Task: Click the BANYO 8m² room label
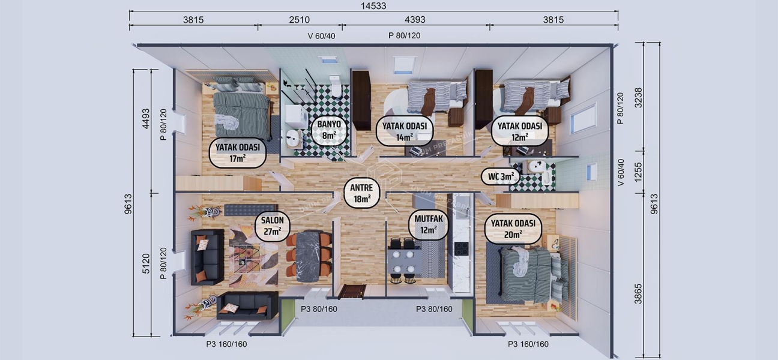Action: coord(329,130)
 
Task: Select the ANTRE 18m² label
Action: coord(361,194)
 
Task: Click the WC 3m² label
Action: coord(500,177)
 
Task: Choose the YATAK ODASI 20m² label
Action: coord(514,229)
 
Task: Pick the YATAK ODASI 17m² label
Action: coord(237,154)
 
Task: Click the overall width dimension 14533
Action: coord(373,7)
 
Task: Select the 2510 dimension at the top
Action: coord(299,20)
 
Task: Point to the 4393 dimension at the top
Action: coord(415,20)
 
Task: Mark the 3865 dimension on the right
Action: coord(638,294)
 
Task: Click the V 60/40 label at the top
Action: coord(321,36)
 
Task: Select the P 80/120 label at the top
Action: coord(404,36)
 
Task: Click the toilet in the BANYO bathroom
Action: coord(335,90)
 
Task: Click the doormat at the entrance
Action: coord(352,292)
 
